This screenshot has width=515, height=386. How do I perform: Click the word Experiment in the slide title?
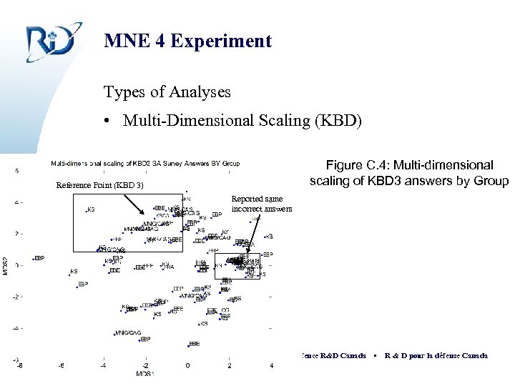[x=230, y=41]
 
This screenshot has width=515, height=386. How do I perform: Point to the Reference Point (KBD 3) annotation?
[x=100, y=186]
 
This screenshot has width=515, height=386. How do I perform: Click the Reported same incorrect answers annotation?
[x=262, y=204]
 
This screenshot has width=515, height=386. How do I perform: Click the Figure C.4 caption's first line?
[x=409, y=165]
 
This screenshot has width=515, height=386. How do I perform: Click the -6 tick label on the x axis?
[x=61, y=366]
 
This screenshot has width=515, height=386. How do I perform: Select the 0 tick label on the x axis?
[x=187, y=366]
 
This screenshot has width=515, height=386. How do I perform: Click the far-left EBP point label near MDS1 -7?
[x=40, y=257]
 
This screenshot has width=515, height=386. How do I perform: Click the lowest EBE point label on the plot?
[x=195, y=344]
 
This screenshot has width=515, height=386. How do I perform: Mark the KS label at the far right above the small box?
[x=269, y=237]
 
